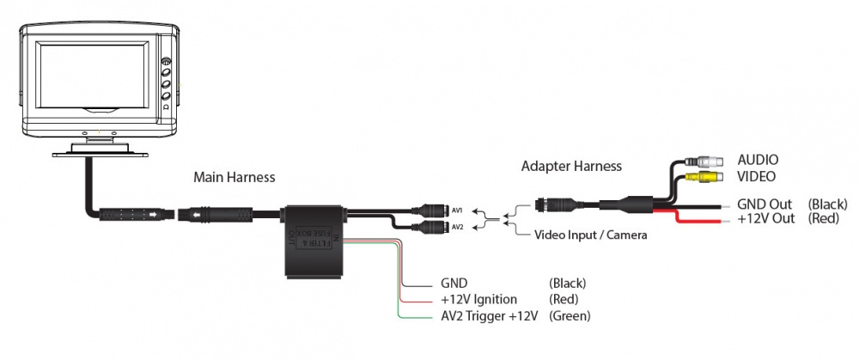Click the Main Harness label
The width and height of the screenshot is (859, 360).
pyautogui.click(x=235, y=178)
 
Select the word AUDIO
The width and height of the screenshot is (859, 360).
pyautogui.click(x=758, y=160)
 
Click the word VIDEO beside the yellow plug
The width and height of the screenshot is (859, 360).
pyautogui.click(x=757, y=176)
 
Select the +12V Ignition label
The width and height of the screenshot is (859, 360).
pyautogui.click(x=478, y=299)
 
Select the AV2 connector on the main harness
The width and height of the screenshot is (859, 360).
pyautogui.click(x=432, y=228)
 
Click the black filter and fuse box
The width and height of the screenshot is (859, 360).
pyautogui.click(x=314, y=241)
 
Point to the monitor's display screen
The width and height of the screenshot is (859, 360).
pyautogui.click(x=95, y=82)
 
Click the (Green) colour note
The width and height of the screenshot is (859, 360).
pyautogui.click(x=570, y=316)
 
